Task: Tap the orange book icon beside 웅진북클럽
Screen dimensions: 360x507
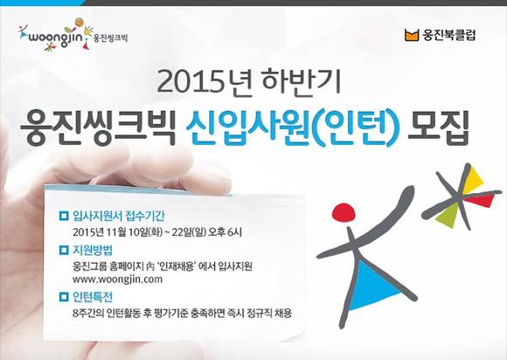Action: (412, 36)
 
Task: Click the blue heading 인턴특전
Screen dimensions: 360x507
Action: (96, 296)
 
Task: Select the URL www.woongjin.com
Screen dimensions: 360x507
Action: (118, 280)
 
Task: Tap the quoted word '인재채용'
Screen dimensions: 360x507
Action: (183, 265)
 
